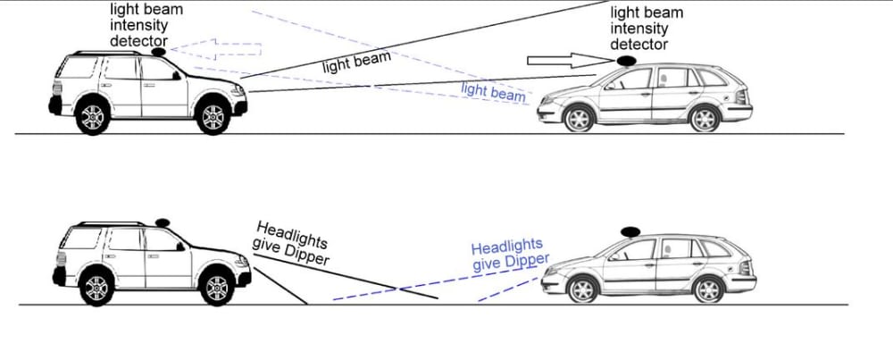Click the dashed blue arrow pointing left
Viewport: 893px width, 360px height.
coord(216,49)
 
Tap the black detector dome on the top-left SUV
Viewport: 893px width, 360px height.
coord(158,52)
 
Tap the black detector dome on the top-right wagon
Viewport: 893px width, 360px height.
coord(627,61)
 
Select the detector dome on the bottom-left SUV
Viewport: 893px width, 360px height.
coord(163,222)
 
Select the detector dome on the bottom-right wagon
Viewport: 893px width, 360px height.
coord(630,231)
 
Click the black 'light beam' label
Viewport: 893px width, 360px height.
coord(357,63)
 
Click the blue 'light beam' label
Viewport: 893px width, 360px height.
coord(493,92)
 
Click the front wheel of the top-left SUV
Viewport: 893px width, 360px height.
coord(213,116)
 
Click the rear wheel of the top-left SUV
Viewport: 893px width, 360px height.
coord(92,116)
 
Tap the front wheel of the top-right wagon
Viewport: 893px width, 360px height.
coord(579,119)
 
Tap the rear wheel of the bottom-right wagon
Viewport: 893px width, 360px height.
coord(708,289)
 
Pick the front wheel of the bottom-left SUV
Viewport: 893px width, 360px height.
coord(217,288)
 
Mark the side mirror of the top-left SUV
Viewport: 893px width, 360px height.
coord(177,75)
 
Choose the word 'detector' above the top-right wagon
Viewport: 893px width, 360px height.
coord(639,44)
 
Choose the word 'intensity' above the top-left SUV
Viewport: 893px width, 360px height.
coord(139,26)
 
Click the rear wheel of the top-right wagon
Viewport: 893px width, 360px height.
coord(705,119)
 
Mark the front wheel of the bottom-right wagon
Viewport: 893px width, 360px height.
coord(582,289)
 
